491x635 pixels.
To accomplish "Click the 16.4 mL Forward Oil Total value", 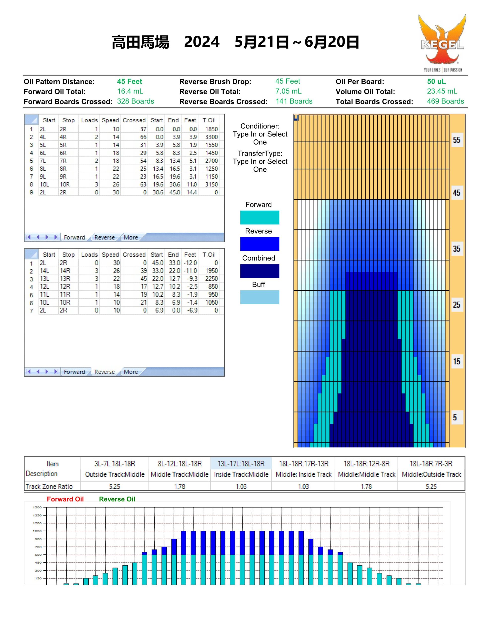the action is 130,91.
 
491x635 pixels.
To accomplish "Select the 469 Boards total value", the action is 445,101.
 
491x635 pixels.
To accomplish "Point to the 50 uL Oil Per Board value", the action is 436,81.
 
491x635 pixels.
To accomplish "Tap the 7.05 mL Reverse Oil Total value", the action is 288,91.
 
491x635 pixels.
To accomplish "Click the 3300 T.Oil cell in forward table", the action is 211,137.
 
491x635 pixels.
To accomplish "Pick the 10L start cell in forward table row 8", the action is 44,184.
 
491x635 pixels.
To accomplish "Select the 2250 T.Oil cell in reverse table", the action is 211,279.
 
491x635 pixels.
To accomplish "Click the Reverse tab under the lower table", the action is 104,372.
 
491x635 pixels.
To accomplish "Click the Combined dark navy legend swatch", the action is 260,271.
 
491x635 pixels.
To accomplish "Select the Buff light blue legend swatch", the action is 260,297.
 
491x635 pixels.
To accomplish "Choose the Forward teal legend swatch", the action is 260,218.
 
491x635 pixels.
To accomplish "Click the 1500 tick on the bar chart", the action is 37,507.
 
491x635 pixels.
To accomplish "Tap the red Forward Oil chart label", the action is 65,499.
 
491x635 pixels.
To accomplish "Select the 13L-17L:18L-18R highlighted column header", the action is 241,463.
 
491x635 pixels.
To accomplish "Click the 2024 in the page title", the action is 201,42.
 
